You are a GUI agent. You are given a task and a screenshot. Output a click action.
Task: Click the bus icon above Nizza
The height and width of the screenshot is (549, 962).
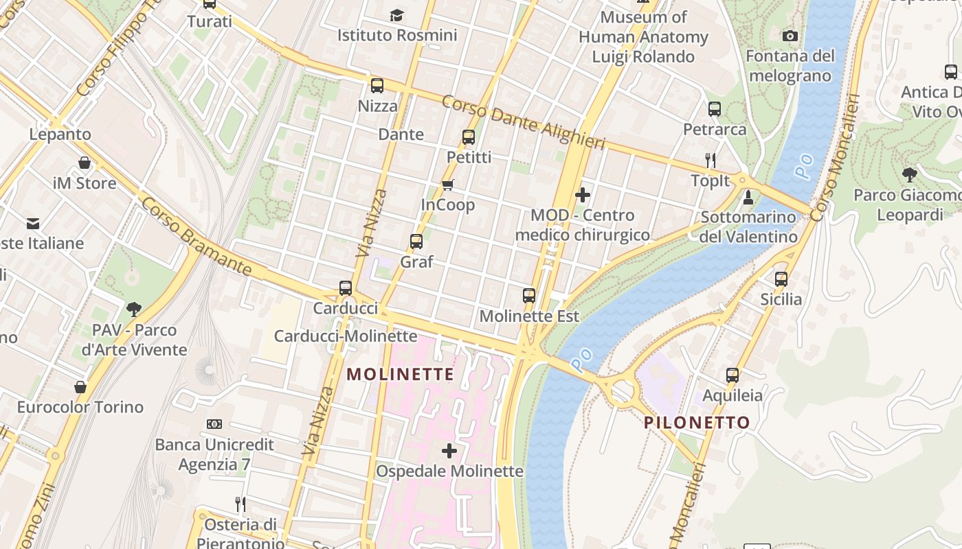click(x=377, y=86)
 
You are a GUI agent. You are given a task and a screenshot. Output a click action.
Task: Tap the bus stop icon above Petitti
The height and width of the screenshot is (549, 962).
click(x=469, y=137)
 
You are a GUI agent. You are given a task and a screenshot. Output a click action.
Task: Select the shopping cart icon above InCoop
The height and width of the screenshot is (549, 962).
click(x=448, y=185)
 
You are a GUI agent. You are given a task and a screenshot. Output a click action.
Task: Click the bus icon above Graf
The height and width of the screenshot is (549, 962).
click(x=416, y=242)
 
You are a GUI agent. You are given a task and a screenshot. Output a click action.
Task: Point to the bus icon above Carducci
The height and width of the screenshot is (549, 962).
click(x=346, y=288)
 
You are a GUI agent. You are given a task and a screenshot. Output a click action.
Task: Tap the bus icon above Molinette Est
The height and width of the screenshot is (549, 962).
click(x=529, y=296)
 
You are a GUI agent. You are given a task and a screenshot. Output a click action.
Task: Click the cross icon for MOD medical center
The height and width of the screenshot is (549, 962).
click(x=583, y=195)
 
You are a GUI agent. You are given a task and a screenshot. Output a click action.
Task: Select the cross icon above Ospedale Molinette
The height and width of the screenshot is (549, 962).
click(x=449, y=451)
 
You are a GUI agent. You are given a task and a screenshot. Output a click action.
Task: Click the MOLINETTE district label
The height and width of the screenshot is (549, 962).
click(x=400, y=374)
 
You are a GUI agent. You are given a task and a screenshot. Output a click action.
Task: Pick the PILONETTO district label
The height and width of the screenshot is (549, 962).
click(x=697, y=423)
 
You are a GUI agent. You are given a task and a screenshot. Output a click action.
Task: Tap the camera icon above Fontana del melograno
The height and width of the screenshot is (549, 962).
click(x=790, y=36)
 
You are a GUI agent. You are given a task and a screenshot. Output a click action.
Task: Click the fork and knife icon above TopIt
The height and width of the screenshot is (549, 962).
click(x=711, y=161)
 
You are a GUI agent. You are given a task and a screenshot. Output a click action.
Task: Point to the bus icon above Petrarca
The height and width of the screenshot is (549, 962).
click(x=715, y=109)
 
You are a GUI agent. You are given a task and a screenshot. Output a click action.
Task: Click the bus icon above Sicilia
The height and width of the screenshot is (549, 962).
click(x=781, y=279)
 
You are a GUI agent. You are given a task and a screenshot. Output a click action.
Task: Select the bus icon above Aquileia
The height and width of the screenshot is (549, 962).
click(x=732, y=375)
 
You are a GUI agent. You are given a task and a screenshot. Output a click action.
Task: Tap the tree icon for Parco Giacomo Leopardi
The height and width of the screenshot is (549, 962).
click(x=910, y=174)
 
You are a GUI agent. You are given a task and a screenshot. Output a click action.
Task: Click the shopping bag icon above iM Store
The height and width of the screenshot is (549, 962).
click(x=85, y=163)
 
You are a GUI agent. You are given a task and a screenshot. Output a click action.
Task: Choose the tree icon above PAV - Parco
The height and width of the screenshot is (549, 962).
click(x=134, y=309)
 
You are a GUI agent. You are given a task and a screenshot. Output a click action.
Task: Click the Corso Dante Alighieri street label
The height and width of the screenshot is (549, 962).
click(x=523, y=123)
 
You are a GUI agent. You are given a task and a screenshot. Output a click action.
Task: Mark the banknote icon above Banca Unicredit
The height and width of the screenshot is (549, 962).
click(x=214, y=424)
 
